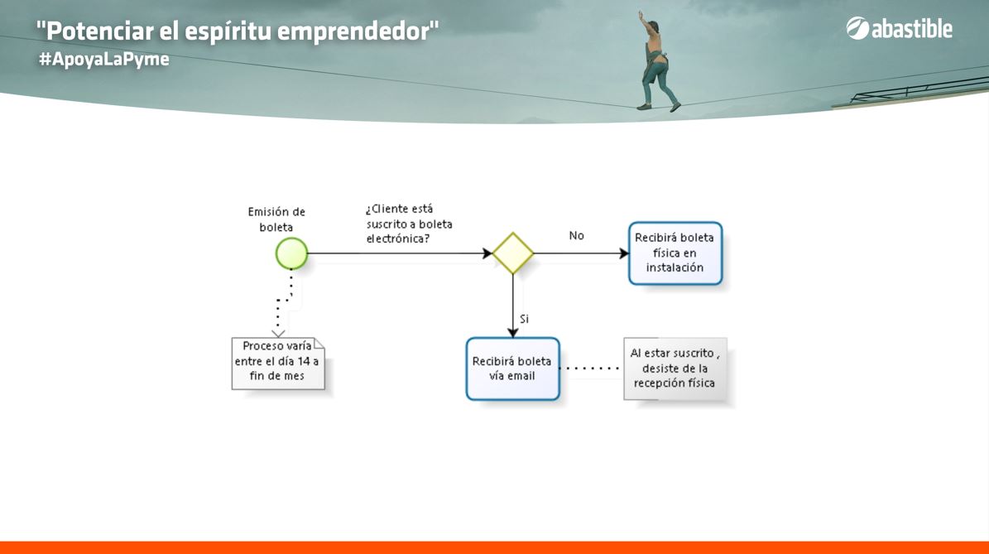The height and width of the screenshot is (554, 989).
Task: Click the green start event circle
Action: (291, 253)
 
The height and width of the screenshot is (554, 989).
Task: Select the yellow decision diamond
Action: (513, 253)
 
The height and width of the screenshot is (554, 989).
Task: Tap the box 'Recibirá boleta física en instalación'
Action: (675, 253)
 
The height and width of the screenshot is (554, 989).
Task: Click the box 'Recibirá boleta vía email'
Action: (513, 369)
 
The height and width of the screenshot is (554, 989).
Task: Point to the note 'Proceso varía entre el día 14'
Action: (277, 364)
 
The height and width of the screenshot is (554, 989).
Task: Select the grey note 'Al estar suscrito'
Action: (675, 369)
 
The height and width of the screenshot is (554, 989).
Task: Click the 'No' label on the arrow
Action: (577, 235)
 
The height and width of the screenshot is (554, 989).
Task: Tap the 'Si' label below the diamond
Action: (524, 319)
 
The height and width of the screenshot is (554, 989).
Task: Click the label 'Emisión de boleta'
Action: (276, 219)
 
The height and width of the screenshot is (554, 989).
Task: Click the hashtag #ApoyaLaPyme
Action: (104, 60)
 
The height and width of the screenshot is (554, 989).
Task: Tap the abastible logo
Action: (899, 28)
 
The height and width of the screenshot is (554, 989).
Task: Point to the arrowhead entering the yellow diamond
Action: (487, 253)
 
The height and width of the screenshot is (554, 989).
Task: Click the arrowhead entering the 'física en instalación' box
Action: (624, 253)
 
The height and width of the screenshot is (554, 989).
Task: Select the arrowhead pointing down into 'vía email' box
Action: (513, 333)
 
